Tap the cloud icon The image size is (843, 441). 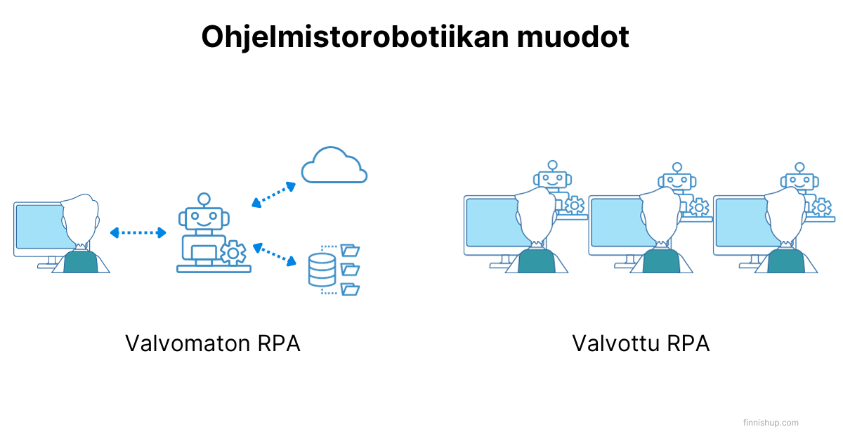[334, 166]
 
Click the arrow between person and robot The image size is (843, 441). [138, 232]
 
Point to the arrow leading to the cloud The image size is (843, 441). [273, 195]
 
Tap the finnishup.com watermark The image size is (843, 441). [771, 423]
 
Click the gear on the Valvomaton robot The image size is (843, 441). [233, 252]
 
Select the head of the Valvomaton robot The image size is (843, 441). [204, 218]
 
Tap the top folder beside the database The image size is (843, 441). [350, 249]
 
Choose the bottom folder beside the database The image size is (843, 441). [350, 289]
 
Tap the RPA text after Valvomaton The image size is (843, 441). [278, 344]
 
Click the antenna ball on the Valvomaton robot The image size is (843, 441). [204, 199]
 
